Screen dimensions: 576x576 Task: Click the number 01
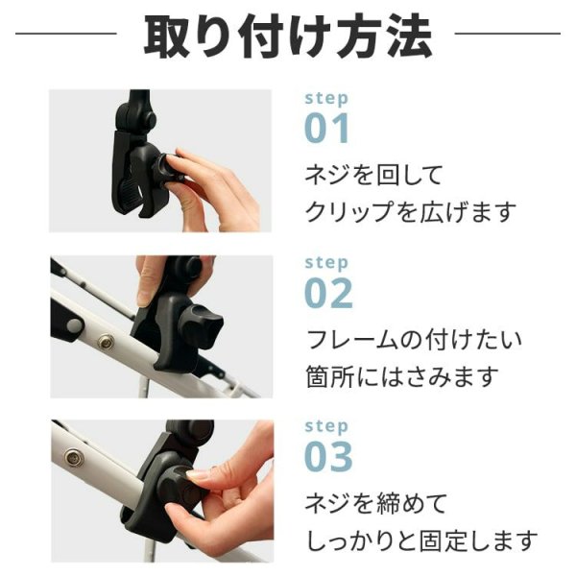[x=327, y=128]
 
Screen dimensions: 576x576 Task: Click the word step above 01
[x=326, y=98]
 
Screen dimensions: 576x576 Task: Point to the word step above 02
[x=326, y=262]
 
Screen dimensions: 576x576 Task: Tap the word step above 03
[x=326, y=425]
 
